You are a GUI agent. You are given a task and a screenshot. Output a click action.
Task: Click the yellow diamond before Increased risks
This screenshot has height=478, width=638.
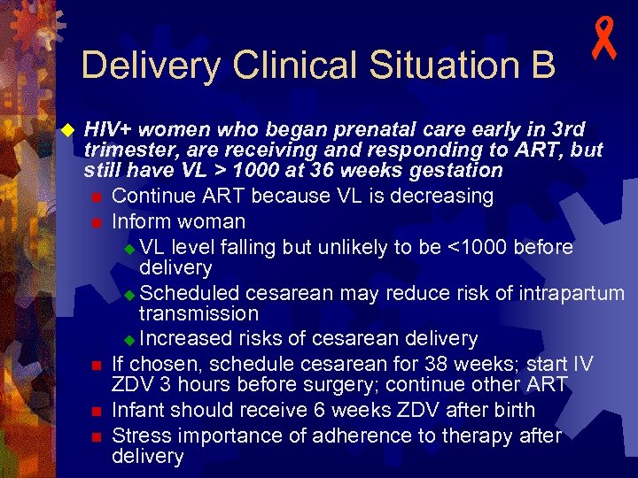tap(129, 339)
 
